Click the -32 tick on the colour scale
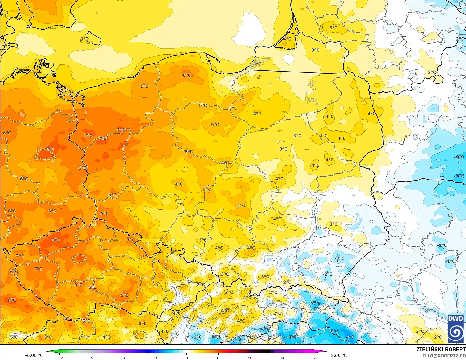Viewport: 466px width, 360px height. tap(60, 358)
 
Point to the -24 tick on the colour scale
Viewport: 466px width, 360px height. tap(91, 358)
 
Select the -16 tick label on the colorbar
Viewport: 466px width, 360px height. tap(123, 358)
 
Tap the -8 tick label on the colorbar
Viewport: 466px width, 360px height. tap(155, 358)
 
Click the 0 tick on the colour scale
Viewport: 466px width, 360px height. tap(186, 358)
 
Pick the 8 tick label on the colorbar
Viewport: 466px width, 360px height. tap(218, 358)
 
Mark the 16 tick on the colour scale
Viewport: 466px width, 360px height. tap(250, 358)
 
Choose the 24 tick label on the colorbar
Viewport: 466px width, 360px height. tap(282, 358)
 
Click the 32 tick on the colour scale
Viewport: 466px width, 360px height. tap(313, 358)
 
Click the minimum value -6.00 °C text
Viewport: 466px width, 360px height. tap(34, 355)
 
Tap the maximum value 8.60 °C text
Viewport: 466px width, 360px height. tap(339, 355)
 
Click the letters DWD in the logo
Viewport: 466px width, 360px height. tap(456, 319)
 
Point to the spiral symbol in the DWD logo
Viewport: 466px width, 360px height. tap(456, 332)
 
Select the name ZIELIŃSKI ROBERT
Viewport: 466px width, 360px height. tap(441, 350)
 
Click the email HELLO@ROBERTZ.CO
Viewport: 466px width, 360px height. tap(442, 356)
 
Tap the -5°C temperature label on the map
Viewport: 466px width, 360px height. tap(334, 331)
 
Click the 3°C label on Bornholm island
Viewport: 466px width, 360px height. tap(84, 39)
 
